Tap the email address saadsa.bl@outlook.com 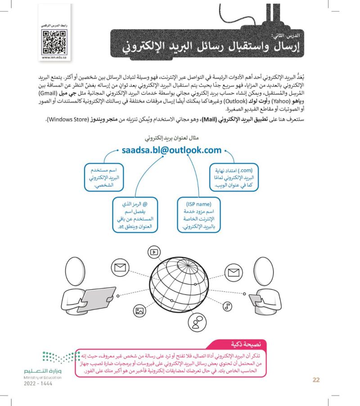point(172,150)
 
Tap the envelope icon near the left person point(119,268)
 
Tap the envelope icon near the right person point(233,272)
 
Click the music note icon point(228,306)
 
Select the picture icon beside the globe point(139,310)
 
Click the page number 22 point(316,380)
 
